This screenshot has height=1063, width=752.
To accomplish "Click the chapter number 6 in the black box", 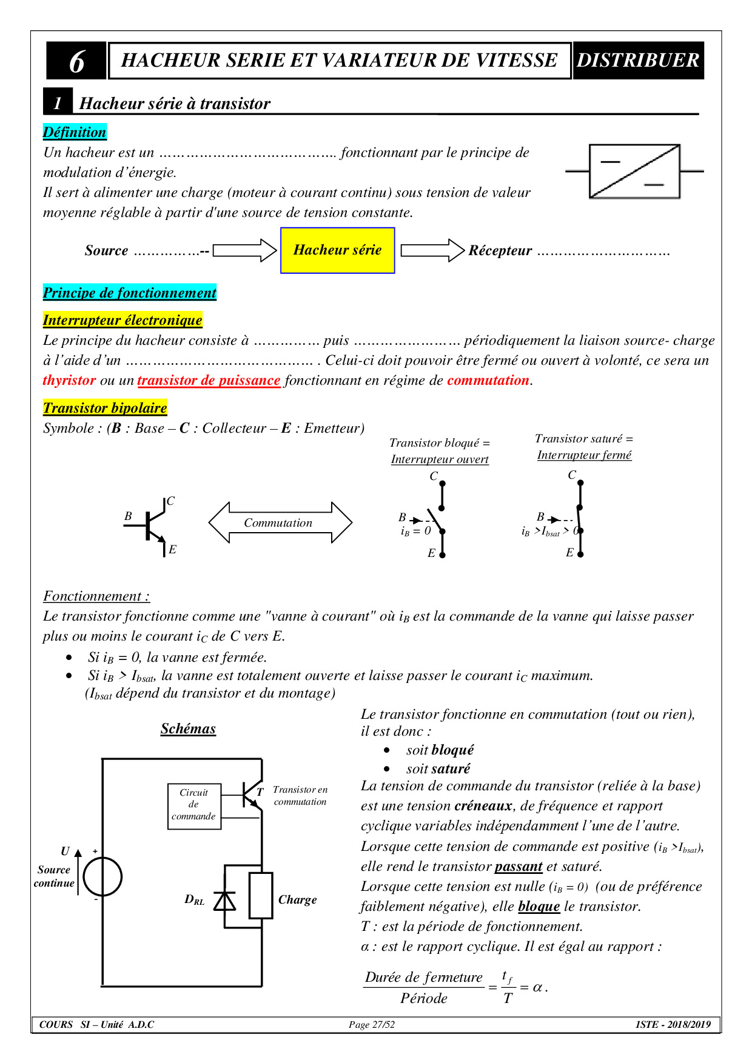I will (x=76, y=61).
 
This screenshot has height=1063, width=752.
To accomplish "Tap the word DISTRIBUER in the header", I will (x=637, y=61).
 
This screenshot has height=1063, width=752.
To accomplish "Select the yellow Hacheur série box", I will (x=337, y=250).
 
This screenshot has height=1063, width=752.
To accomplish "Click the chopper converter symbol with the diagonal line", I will (x=634, y=172).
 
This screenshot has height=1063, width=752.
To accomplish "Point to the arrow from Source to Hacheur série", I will (x=244, y=250).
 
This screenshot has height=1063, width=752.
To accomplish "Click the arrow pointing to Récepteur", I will (x=432, y=250).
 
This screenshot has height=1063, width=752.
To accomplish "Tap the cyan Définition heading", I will (x=75, y=132).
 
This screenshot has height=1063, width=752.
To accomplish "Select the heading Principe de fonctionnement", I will (x=129, y=293).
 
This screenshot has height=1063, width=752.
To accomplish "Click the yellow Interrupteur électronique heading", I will (x=123, y=320).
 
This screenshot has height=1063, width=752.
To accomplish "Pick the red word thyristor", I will (x=69, y=381).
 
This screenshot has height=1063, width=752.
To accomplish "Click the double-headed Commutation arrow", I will (x=280, y=522).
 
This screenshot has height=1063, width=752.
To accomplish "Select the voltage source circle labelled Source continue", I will (x=102, y=877).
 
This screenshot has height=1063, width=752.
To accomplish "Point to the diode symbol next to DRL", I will (x=225, y=901).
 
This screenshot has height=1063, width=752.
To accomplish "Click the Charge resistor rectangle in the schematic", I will (x=261, y=896).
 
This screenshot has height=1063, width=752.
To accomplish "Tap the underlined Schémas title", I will (x=188, y=728).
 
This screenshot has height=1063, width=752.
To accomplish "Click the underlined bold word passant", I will (x=519, y=867).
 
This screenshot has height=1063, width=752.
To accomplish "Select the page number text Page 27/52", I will (x=372, y=1025).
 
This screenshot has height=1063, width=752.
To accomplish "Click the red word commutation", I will (x=488, y=381).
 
